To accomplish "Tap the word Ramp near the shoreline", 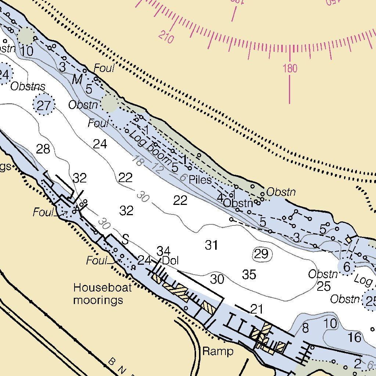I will click(x=218, y=351).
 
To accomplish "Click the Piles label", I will click(x=200, y=180).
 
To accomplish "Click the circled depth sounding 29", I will click(x=261, y=254).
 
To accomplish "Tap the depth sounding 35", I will click(x=249, y=274).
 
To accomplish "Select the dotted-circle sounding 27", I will click(x=44, y=105).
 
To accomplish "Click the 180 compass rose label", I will click(x=290, y=68).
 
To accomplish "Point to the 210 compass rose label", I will click(x=166, y=37).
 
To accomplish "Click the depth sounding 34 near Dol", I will click(x=163, y=252).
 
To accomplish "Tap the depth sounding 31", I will click(x=211, y=245).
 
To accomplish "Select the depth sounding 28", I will click(x=43, y=149).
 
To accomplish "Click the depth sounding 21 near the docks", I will click(x=256, y=309).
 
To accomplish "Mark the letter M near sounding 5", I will click(x=77, y=79).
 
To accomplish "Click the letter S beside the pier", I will click(x=125, y=240).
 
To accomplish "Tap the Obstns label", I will click(x=28, y=87).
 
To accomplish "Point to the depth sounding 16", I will click(x=354, y=337).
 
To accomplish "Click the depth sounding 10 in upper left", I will click(x=27, y=51).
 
